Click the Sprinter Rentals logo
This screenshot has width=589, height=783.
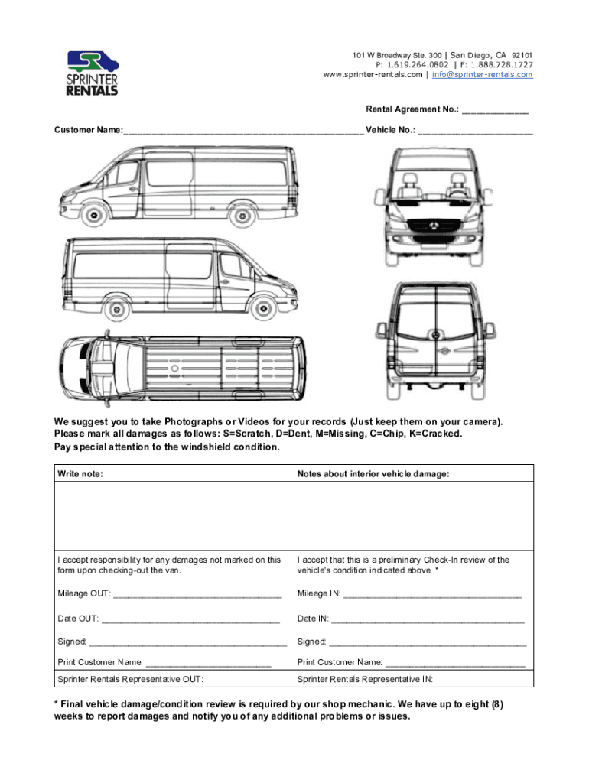tap(92, 73)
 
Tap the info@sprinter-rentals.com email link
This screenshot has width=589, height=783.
tap(482, 75)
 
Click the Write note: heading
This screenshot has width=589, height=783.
tap(80, 474)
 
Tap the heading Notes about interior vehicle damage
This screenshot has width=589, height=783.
tap(373, 474)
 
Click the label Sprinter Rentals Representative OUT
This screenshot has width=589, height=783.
tap(131, 679)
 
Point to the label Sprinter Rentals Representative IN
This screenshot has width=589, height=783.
tap(365, 679)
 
